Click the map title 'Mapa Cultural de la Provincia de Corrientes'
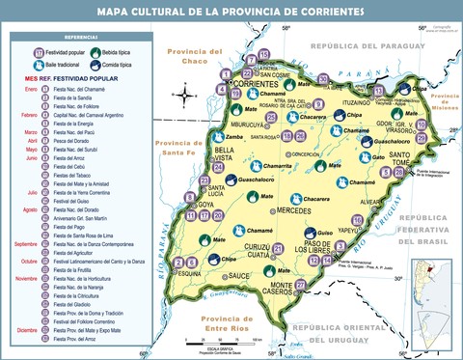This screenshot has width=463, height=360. pos(231,12)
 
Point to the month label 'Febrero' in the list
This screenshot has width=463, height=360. pos(29,114)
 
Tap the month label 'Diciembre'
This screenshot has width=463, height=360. pos(26,330)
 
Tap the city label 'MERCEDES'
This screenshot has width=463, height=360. pos(293,209)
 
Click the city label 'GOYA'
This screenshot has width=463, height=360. pos(206,205)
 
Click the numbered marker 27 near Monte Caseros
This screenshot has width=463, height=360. pos(301,284)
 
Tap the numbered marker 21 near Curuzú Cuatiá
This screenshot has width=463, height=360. pos(278,249)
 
